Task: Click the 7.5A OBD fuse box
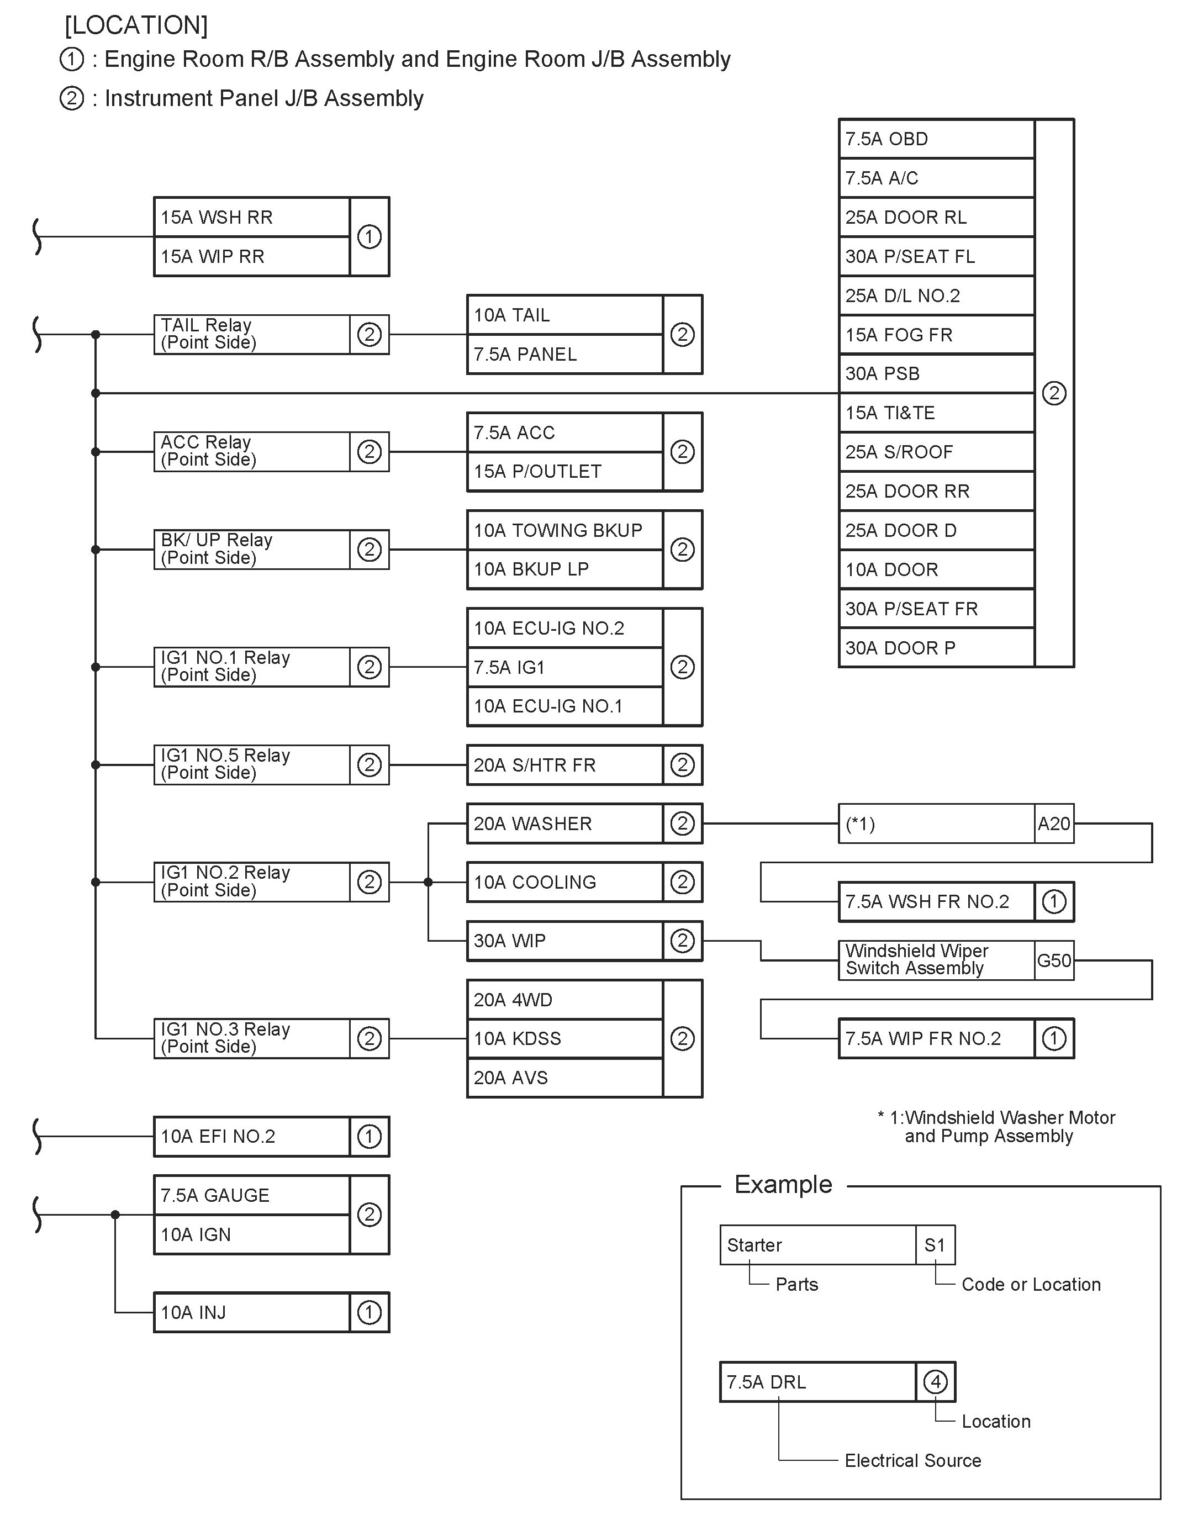point(935,139)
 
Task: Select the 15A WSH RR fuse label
point(251,217)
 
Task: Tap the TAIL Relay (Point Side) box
point(251,334)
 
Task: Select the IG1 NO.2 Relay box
point(251,882)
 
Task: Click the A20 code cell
point(1054,823)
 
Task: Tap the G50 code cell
point(1054,960)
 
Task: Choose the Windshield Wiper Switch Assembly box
point(935,960)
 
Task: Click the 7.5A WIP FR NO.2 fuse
point(935,1038)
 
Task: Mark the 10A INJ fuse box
point(251,1312)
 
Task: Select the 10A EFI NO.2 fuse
point(251,1136)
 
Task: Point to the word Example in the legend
point(783,1185)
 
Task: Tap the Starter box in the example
point(817,1245)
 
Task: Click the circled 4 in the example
point(935,1382)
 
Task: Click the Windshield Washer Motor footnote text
point(995,1127)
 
